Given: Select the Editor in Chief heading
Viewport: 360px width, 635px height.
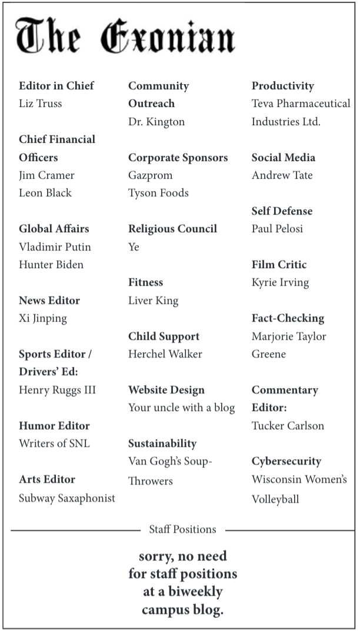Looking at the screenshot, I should (x=56, y=86).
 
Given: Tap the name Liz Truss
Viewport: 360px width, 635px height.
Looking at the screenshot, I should (x=41, y=103).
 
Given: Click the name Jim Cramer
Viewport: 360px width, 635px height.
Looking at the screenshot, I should (x=47, y=175).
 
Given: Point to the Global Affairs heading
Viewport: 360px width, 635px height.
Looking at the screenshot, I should (x=54, y=229).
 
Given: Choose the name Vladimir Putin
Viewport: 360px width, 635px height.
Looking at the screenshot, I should (x=55, y=247).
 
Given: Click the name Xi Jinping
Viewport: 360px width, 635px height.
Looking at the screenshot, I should (x=43, y=319).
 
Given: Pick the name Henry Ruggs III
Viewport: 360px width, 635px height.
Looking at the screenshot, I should (x=58, y=390).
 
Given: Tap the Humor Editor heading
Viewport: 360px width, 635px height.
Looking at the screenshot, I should (x=55, y=426).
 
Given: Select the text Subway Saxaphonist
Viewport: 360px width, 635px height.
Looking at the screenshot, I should (x=67, y=499).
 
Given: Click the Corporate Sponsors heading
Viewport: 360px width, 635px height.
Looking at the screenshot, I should (x=178, y=158).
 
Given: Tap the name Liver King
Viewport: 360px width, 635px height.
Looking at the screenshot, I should (x=154, y=300).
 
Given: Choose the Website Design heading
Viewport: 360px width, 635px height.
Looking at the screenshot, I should (x=166, y=390).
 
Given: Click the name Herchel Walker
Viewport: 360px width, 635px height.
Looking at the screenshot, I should (x=165, y=354).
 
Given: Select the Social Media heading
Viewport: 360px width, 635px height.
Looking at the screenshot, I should (x=284, y=158).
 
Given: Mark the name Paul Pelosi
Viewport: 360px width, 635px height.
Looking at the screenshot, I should (x=278, y=229).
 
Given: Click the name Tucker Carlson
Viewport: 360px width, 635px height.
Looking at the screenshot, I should (x=288, y=426).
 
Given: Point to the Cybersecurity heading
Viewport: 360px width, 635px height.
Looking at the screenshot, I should (x=286, y=462).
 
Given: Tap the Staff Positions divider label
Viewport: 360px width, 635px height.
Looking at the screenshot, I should (x=182, y=530).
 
